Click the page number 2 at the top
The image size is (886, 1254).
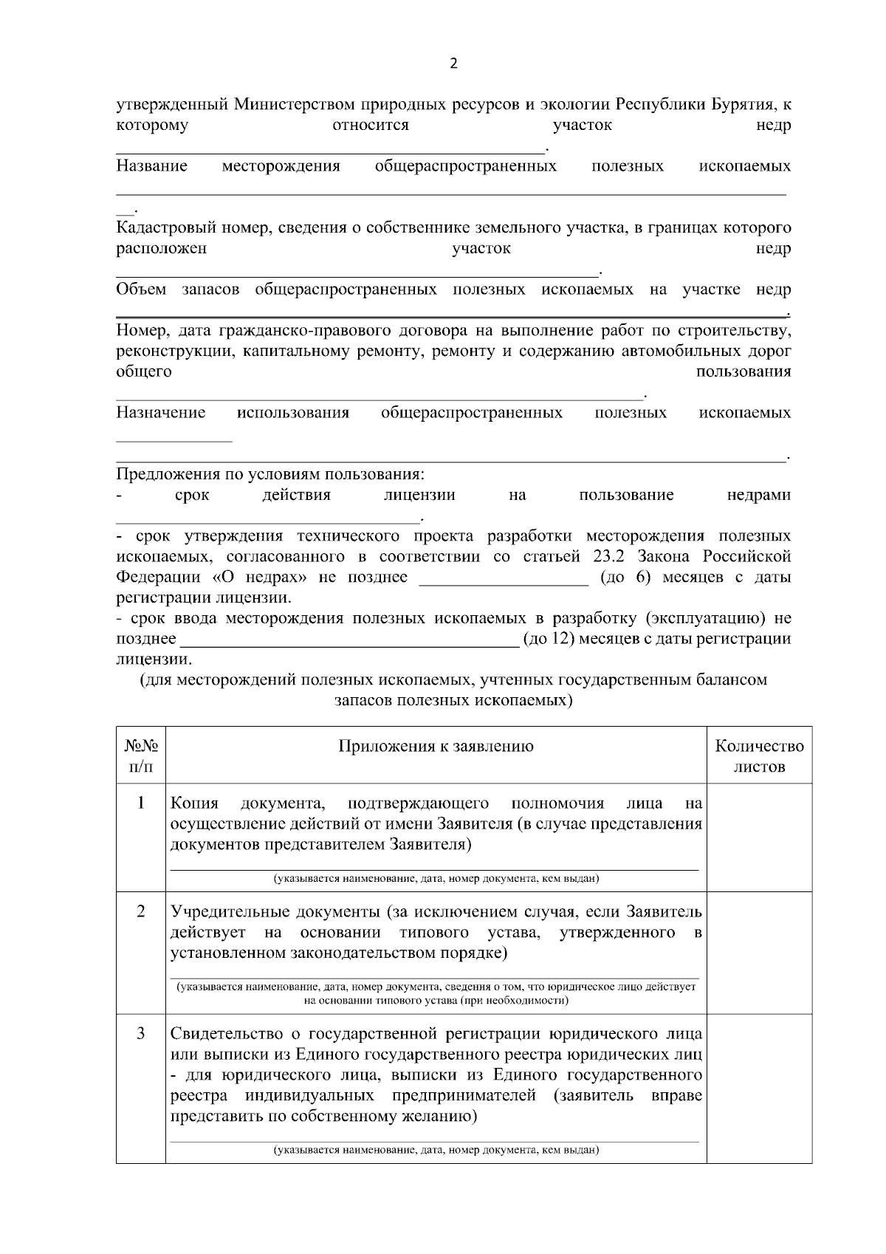(453, 64)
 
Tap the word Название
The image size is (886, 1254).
(151, 166)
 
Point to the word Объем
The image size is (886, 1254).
(141, 289)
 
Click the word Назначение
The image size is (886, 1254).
(160, 412)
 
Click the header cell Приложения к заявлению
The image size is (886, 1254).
(436, 746)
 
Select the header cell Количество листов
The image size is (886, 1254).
(759, 756)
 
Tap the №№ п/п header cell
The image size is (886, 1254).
(141, 756)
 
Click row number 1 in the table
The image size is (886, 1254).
(141, 803)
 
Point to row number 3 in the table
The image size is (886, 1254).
(141, 1034)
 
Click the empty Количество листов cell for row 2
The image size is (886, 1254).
(759, 953)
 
